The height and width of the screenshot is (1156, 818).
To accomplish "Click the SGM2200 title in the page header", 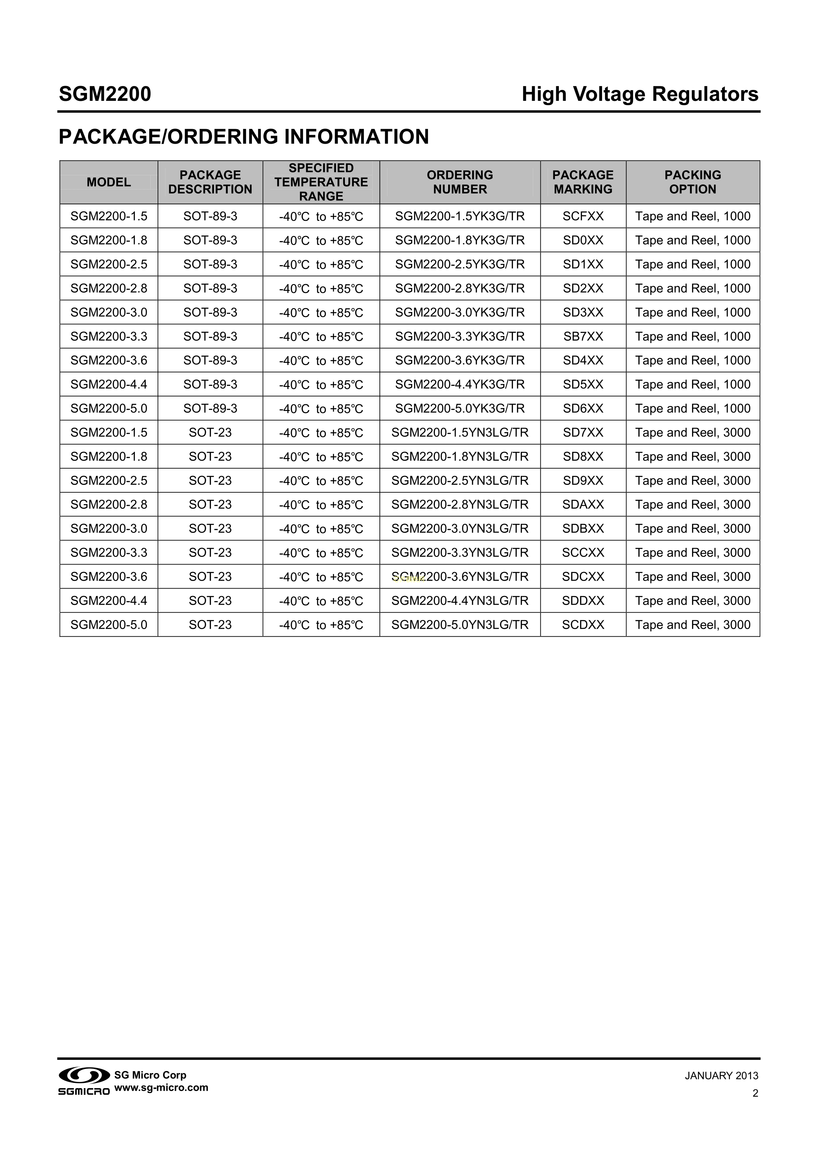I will pos(105,94).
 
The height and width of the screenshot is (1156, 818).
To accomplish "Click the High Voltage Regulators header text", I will pos(640,94).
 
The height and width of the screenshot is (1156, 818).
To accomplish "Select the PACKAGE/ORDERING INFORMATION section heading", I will pos(244,137).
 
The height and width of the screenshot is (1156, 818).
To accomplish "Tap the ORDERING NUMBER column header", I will pos(460,182).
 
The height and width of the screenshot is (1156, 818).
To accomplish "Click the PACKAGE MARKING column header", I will pos(583,182).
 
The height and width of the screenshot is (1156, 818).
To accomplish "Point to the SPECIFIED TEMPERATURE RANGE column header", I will pos(321,182).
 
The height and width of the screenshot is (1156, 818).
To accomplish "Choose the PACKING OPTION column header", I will pos(693,182).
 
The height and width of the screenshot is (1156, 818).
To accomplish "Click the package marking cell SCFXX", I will pos(583,217).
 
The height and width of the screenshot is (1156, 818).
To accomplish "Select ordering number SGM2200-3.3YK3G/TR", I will pos(460,336).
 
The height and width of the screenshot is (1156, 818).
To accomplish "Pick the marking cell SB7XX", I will pos(583,336).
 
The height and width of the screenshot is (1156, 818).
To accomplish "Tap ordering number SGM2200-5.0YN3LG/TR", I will pos(460,625).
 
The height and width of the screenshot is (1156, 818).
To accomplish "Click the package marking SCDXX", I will pos(583,625).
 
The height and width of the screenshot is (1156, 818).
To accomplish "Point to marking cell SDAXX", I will pos(583,505).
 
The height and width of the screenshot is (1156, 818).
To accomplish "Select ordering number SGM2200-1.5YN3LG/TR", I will pos(460,432).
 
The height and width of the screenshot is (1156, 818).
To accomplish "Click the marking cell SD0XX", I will pos(583,240).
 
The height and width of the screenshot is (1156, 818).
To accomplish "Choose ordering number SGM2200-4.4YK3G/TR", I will pos(460,385).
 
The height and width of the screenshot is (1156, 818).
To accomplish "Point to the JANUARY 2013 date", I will pos(721,1076).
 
